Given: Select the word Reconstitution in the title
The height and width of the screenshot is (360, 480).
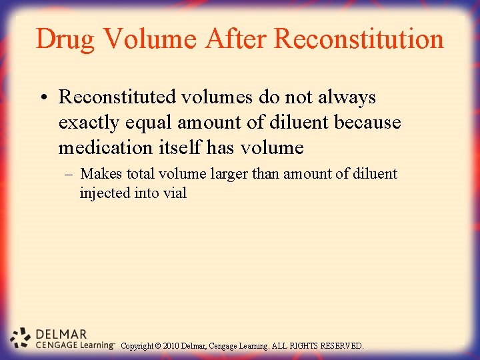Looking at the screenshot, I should coord(359,39).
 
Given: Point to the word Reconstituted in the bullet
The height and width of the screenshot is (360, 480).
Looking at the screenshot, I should coord(117,97).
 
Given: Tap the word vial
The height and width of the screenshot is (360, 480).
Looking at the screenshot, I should coord(175,193).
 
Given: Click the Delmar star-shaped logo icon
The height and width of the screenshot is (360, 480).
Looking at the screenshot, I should coord(21,338).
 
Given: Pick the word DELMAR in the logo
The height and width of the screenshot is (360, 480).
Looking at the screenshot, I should coord(61,334).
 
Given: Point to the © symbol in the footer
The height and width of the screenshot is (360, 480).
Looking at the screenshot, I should coord(158,346).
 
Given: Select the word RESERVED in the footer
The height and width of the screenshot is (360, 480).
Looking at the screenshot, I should coord(341,346).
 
